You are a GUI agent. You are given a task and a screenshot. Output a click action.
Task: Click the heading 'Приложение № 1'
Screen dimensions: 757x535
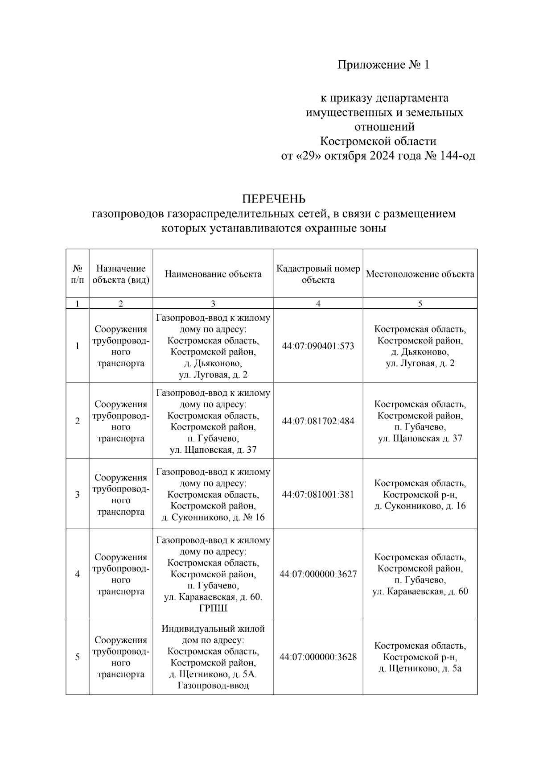[x=383, y=65]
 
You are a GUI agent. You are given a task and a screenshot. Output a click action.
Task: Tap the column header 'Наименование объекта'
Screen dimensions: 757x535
[x=213, y=274]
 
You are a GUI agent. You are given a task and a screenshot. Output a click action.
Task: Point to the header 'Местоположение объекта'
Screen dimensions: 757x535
[x=420, y=274]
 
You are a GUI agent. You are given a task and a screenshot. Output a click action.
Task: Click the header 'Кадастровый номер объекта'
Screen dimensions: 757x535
[x=318, y=274]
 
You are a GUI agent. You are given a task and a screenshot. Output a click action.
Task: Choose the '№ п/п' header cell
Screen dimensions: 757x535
[x=77, y=274]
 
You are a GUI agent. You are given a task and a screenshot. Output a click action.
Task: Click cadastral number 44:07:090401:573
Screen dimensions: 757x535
[x=318, y=346]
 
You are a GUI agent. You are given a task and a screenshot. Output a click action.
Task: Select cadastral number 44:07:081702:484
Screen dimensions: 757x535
[x=318, y=421]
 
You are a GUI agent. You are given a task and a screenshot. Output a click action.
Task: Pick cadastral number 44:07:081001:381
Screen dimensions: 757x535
[x=318, y=494]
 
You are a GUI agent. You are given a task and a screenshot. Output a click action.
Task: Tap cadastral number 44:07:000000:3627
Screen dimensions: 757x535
[x=318, y=574]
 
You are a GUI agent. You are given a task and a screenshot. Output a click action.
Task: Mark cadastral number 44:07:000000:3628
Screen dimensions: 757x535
[x=318, y=657]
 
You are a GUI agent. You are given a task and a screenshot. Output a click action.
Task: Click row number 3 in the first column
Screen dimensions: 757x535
[x=77, y=494]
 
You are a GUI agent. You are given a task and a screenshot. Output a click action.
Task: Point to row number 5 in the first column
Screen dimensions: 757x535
[x=77, y=657]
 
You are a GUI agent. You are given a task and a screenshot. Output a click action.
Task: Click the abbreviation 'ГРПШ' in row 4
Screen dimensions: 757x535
[x=213, y=608]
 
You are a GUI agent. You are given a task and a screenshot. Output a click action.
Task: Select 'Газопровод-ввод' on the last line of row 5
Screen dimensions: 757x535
[x=213, y=686]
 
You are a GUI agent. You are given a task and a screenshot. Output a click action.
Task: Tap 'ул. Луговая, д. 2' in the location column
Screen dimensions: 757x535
[x=420, y=363]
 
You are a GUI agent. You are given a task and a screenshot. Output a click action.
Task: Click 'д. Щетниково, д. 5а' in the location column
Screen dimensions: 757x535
[x=420, y=668]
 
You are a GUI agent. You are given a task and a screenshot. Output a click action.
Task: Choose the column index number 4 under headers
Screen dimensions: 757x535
[x=318, y=304]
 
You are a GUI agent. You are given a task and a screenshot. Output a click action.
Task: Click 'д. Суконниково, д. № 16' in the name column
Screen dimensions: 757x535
[x=213, y=517]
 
